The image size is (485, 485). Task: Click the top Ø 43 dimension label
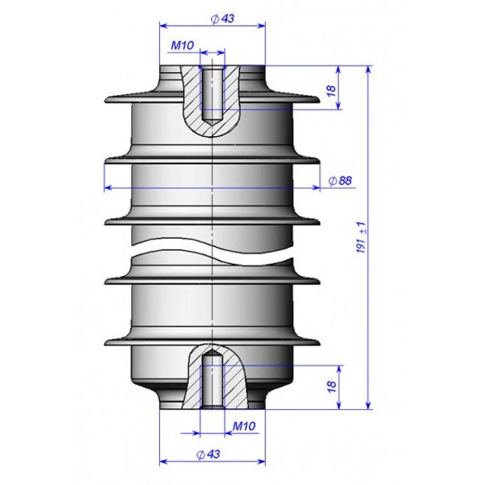[x=222, y=19]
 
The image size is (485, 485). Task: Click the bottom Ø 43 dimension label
[x=208, y=454]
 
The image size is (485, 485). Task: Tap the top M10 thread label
[x=182, y=45]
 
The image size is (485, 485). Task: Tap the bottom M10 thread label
[x=244, y=427]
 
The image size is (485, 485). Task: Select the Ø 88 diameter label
[x=340, y=180]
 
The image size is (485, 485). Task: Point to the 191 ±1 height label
[x=362, y=237]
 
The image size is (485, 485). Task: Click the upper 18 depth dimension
[x=331, y=91]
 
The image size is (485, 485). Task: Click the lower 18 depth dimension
[x=331, y=387]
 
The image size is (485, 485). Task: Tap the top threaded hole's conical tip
[x=212, y=123]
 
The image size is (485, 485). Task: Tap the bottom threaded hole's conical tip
[x=212, y=353]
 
